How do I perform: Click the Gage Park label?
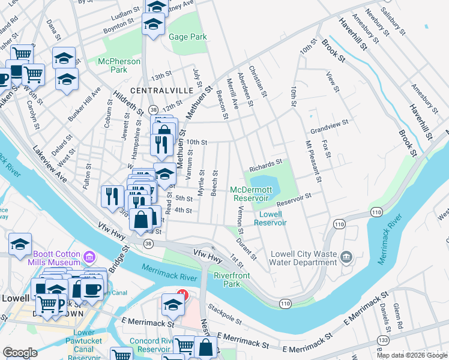pyautogui.click(x=188, y=37)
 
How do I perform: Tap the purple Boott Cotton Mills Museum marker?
pyautogui.click(x=89, y=258)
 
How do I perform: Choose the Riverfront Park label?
pyautogui.click(x=232, y=280)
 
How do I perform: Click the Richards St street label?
pyautogui.click(x=266, y=164)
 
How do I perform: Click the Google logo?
pyautogui.click(x=20, y=353)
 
